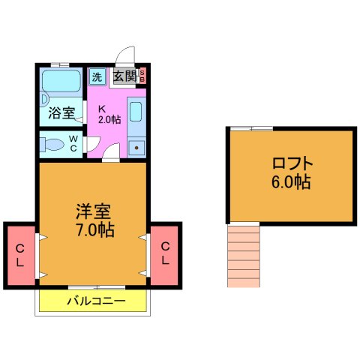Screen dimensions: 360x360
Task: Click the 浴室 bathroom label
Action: point(61,114)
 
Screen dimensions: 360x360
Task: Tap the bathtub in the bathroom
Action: point(61,82)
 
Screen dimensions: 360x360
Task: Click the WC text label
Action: point(74,142)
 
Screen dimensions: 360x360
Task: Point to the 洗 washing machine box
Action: point(97,76)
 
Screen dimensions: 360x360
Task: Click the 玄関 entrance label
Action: point(124,76)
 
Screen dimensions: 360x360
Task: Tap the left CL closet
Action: point(20,254)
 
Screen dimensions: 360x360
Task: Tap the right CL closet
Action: point(164,254)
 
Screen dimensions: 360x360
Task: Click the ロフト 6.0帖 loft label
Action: point(291,173)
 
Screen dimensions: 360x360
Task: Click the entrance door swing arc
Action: point(126,57)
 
